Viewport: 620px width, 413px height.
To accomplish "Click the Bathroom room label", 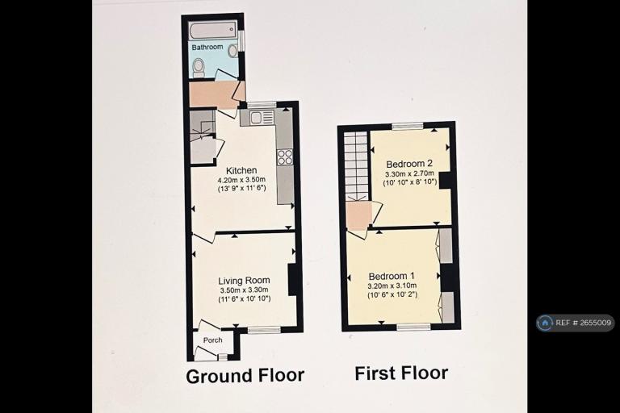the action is [x=207, y=47].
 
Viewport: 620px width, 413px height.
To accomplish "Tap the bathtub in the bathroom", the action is [x=212, y=30].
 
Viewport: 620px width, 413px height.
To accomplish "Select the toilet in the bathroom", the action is [x=199, y=67].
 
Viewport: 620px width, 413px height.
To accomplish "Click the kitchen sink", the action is [x=257, y=118].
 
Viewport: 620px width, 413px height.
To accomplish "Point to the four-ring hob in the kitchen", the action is [x=285, y=156].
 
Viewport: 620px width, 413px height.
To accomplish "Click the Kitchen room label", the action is [x=241, y=170].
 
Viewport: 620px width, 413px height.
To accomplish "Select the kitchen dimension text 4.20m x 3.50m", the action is [x=241, y=180].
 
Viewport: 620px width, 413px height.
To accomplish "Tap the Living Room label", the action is [x=244, y=281].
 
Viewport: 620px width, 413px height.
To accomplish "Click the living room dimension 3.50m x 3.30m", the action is [x=245, y=290].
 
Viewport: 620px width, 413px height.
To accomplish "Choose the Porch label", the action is [x=213, y=340].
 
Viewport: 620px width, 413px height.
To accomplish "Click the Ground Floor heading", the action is [x=245, y=375].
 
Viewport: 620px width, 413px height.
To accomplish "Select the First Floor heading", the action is [x=401, y=373].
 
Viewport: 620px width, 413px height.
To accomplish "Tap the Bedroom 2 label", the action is [x=409, y=164].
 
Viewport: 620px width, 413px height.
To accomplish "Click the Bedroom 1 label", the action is [x=392, y=276].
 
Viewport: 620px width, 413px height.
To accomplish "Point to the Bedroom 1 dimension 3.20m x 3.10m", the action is [x=392, y=286].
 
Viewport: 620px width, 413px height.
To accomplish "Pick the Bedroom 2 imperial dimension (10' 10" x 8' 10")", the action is [x=409, y=182].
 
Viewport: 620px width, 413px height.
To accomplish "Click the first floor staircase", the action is [x=356, y=166].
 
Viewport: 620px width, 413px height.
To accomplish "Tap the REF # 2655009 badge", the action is [x=576, y=323].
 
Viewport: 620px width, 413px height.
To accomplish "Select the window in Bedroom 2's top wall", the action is [x=407, y=126].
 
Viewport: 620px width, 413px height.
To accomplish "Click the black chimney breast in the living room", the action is [x=292, y=279].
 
